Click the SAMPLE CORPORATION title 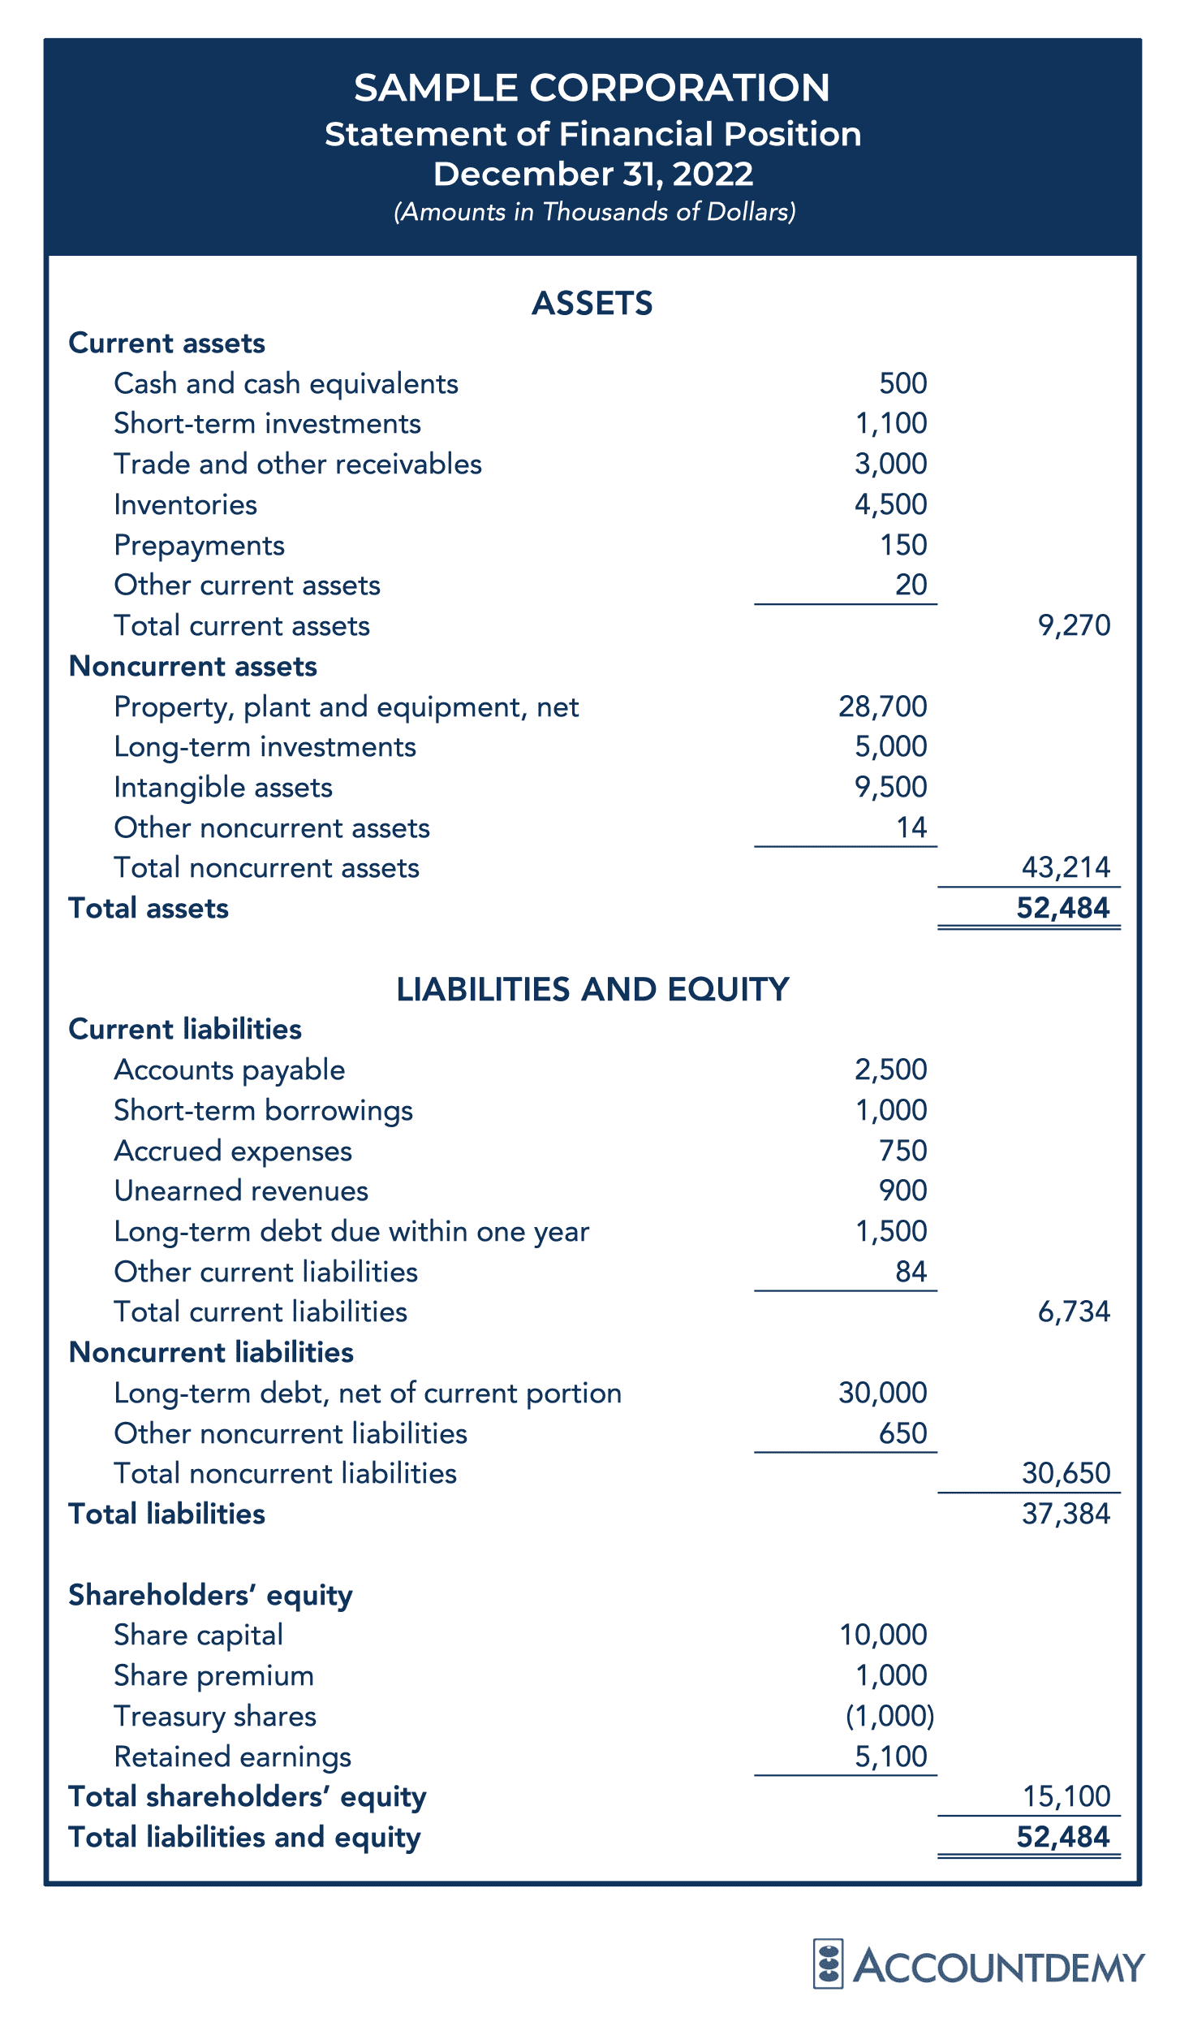tap(592, 88)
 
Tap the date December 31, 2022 tap(592, 174)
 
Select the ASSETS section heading tap(592, 304)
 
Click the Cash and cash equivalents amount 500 tap(902, 383)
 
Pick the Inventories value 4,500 tap(890, 504)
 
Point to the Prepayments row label tap(199, 546)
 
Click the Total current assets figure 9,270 tap(1074, 625)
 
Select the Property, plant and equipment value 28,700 tap(882, 707)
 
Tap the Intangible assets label tap(223, 788)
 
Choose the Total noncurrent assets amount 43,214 tap(1066, 867)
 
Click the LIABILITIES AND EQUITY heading tap(592, 990)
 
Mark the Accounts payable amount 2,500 tap(890, 1070)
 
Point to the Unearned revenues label tap(241, 1191)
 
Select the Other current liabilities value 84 tap(911, 1272)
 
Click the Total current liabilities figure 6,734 tap(1074, 1312)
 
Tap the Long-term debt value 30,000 tap(882, 1393)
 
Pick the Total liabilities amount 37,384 tap(1066, 1514)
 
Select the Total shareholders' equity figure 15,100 tap(1066, 1796)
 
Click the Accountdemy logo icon tap(828, 1964)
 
